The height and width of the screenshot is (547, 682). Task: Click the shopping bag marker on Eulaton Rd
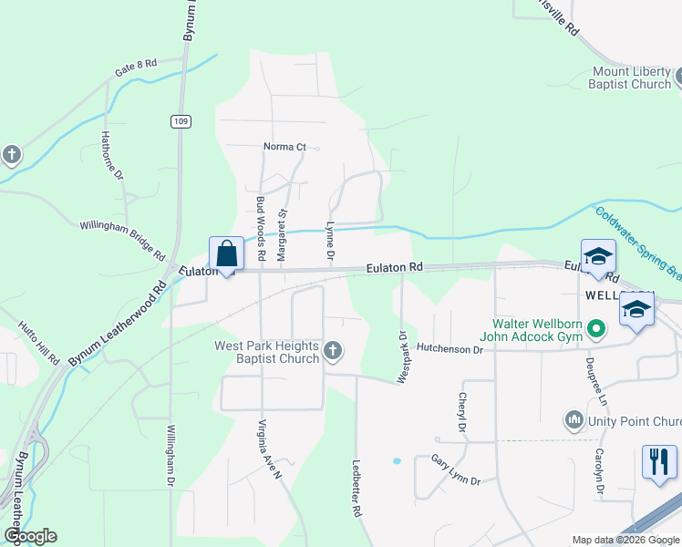pos(226,254)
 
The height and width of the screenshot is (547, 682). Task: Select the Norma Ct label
pos(284,146)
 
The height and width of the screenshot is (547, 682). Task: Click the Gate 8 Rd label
pos(137,66)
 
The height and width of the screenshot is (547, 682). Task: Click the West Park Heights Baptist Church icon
pos(334,350)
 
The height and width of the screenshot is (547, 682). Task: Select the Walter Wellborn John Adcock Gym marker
pos(596,327)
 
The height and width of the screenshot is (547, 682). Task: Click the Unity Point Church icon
pos(574,420)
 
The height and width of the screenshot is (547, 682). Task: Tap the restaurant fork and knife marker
pos(659,460)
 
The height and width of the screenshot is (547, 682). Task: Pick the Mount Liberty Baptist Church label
pos(631,77)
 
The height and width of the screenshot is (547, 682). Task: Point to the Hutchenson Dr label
pos(449,349)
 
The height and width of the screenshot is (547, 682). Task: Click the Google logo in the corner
pos(29,536)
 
